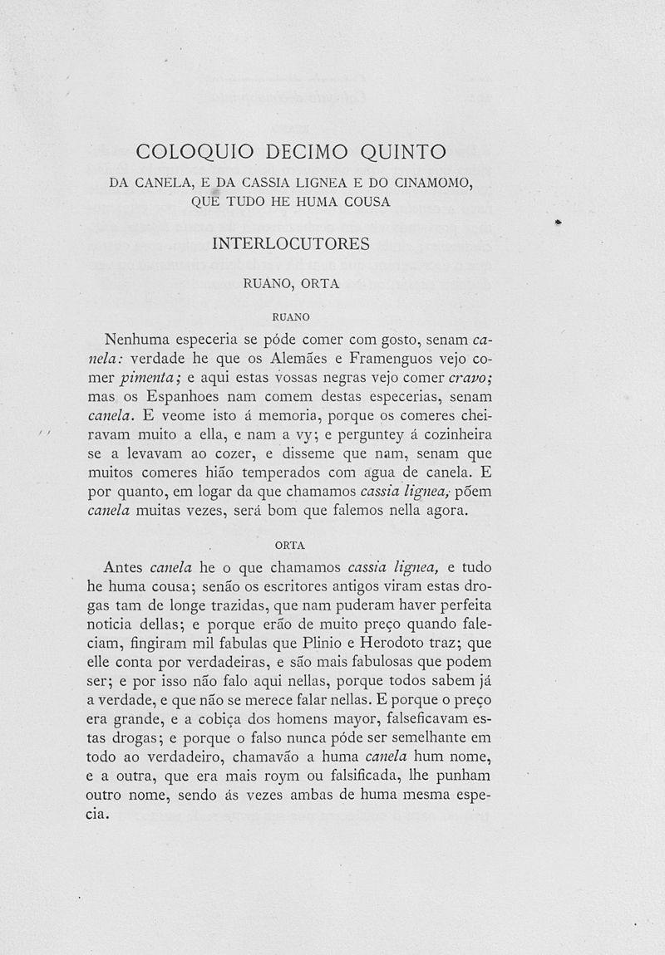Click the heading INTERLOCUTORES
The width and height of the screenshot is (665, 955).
tap(291, 244)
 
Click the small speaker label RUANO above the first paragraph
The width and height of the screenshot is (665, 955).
tap(291, 316)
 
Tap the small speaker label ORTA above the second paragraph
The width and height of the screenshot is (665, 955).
tap(290, 545)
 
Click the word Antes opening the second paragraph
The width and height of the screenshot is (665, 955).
tap(124, 567)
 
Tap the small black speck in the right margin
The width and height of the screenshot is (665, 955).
tap(559, 223)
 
